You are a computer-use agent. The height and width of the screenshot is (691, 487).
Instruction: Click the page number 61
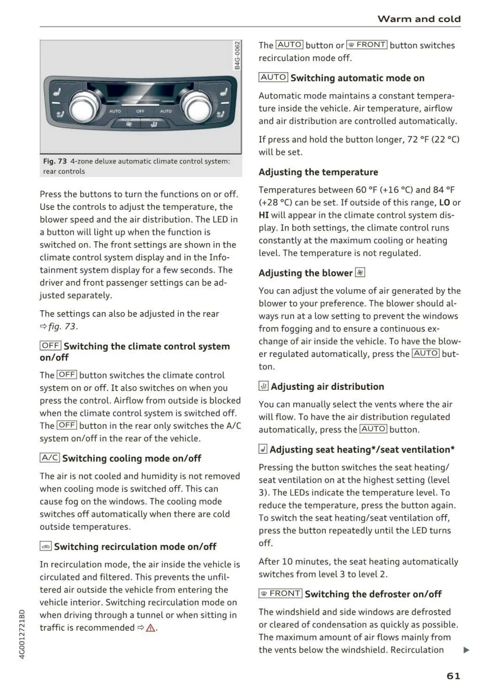pyautogui.click(x=453, y=676)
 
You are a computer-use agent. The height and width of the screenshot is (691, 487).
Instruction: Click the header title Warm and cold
pyautogui.click(x=419, y=19)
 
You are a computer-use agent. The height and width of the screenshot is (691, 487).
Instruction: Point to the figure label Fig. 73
pyautogui.click(x=55, y=161)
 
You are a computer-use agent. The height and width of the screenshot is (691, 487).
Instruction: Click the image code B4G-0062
pyautogui.click(x=237, y=56)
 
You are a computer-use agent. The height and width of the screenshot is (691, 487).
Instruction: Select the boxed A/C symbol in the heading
pyautogui.click(x=50, y=458)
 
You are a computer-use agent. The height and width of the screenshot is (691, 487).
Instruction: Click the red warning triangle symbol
pyautogui.click(x=150, y=628)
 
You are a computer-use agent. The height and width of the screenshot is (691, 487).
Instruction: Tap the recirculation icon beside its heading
pyautogui.click(x=46, y=546)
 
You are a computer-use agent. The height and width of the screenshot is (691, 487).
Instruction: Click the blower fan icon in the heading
pyautogui.click(x=360, y=273)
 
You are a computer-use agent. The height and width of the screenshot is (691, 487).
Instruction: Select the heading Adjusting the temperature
pyautogui.click(x=318, y=172)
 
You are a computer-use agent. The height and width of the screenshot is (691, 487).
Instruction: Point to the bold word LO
pyautogui.click(x=444, y=203)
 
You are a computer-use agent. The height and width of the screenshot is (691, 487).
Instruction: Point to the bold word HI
pyautogui.click(x=264, y=215)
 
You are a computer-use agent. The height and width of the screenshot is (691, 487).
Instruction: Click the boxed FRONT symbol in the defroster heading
pyautogui.click(x=280, y=593)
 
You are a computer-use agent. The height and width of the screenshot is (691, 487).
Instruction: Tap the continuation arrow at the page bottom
pyautogui.click(x=466, y=650)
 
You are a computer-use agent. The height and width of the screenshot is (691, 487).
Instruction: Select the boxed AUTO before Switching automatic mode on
pyautogui.click(x=273, y=77)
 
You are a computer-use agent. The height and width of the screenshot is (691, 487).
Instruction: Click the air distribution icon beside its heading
pyautogui.click(x=263, y=386)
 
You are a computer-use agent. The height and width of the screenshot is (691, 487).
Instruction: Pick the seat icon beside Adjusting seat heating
pyautogui.click(x=263, y=449)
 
